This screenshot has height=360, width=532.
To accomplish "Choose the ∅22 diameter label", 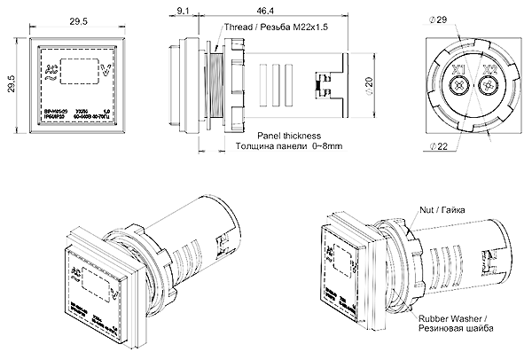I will point(435,145).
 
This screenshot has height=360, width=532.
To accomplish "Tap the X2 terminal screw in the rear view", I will point(485,88).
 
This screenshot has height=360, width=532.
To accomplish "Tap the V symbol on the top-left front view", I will point(107,70).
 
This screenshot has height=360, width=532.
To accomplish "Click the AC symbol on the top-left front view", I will point(49,69).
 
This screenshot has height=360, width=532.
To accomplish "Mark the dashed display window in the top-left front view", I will point(78,68).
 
